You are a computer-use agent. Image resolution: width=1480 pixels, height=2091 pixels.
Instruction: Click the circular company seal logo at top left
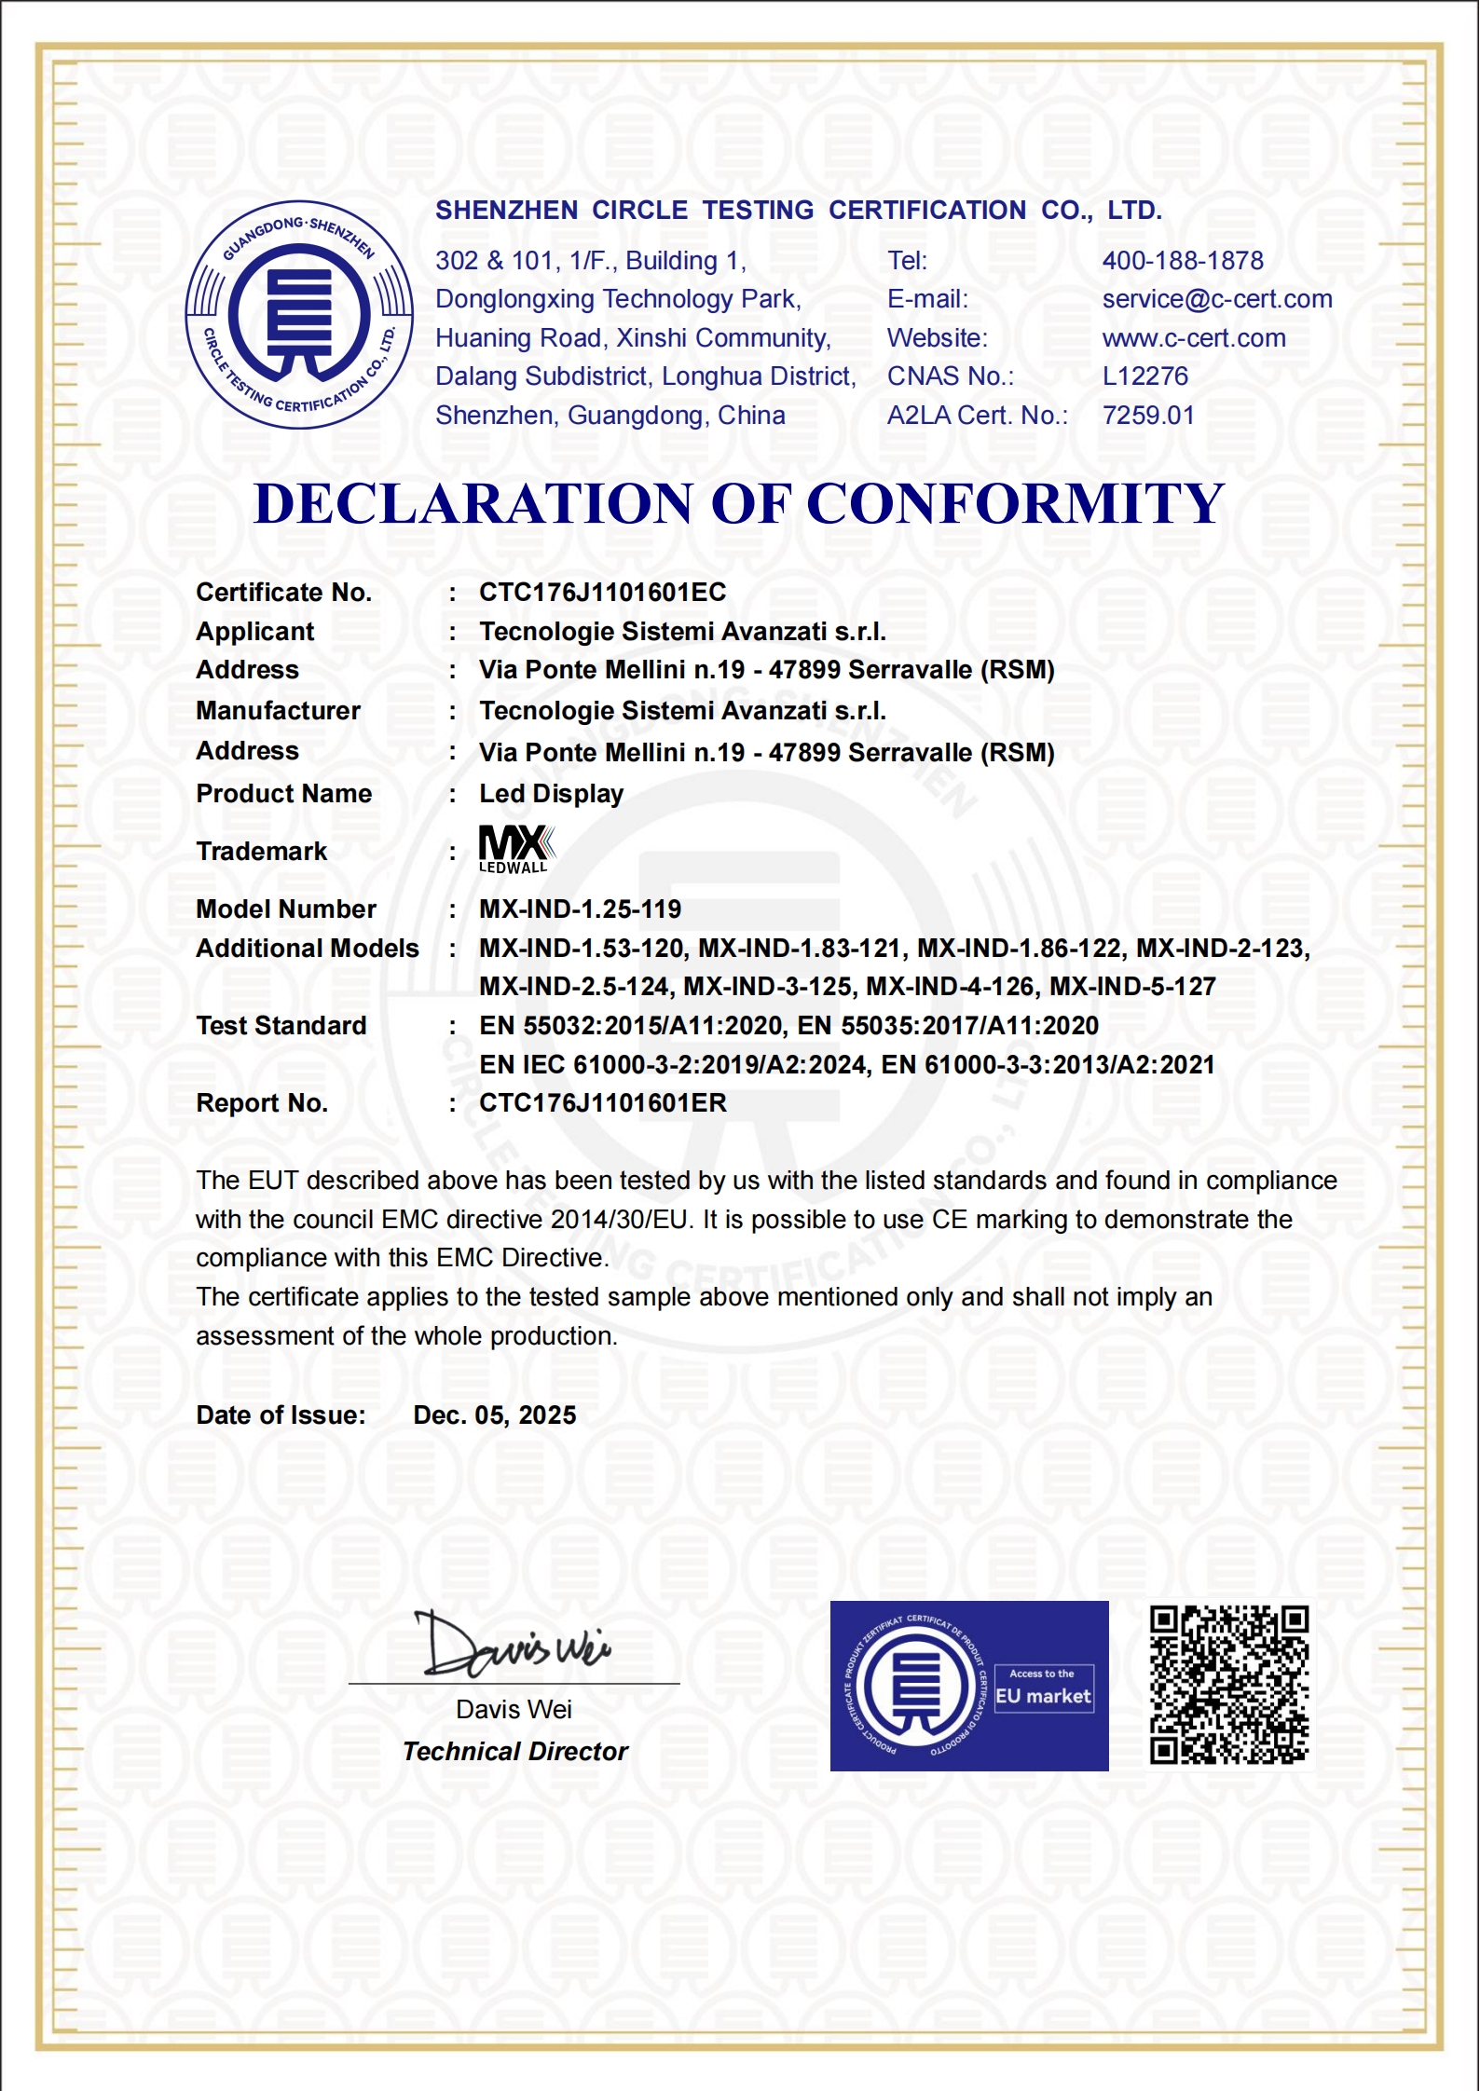[299, 315]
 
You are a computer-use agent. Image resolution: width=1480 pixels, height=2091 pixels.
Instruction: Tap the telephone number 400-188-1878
[1183, 261]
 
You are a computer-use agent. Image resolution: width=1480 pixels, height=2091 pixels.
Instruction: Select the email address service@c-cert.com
[1217, 299]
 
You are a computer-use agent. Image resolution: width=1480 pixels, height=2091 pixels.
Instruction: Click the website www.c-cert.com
[1194, 338]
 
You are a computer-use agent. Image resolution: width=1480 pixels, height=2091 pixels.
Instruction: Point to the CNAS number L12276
[1145, 376]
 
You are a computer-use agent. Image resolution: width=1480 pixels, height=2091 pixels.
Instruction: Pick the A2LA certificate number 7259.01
[1148, 416]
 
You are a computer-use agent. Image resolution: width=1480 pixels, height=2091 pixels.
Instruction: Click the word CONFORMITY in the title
[1015, 504]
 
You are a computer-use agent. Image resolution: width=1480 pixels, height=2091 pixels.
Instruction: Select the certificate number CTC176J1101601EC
[602, 593]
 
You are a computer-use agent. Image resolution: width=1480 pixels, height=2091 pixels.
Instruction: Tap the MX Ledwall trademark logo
[516, 849]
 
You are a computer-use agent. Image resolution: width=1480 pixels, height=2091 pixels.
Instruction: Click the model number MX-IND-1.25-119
[580, 909]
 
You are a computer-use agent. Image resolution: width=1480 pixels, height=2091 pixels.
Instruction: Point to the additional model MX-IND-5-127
[1132, 987]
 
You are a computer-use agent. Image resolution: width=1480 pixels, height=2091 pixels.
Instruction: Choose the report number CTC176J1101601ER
[602, 1103]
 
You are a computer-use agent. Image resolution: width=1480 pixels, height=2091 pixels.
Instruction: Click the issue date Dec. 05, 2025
[495, 1415]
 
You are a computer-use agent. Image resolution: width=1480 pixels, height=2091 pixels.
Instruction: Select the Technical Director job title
[515, 1752]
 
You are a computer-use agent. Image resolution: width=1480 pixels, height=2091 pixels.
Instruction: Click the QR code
[1229, 1685]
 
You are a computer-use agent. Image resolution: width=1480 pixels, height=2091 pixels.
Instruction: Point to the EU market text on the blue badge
[1043, 1696]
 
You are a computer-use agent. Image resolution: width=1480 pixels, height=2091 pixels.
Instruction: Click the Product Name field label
[284, 794]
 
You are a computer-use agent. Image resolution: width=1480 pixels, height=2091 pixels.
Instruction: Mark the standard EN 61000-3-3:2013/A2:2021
[1048, 1065]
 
